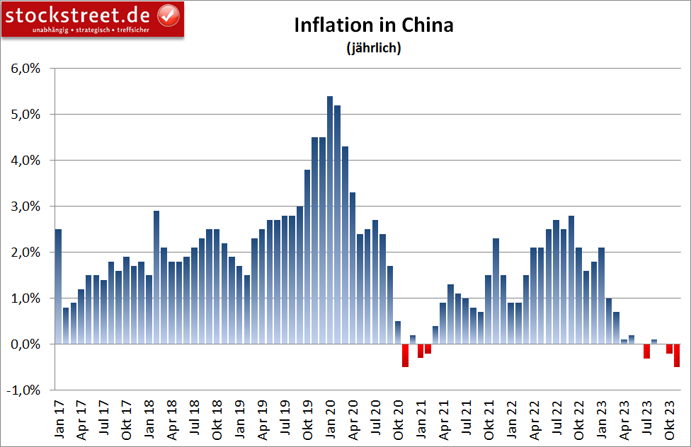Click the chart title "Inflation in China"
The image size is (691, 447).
(x=373, y=26)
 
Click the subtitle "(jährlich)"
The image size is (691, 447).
(x=373, y=49)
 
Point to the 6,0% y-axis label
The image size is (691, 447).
(x=25, y=69)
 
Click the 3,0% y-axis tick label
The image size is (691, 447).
(x=25, y=207)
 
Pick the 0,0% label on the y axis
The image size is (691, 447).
(x=25, y=344)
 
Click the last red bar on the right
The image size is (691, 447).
(x=677, y=355)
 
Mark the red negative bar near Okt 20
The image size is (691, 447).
(x=405, y=355)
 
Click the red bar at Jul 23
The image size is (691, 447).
(x=647, y=351)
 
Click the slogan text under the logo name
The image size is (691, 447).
(x=91, y=30)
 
